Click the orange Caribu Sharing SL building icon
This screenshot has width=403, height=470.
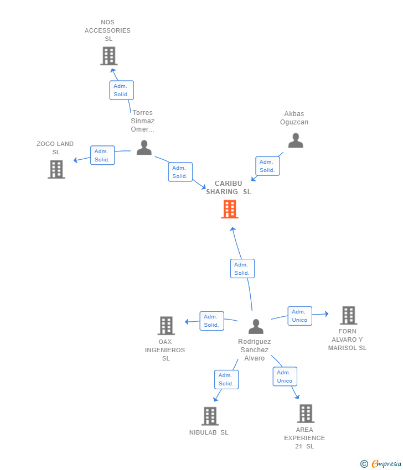coord(230,209)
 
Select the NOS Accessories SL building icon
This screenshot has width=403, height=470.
coord(108,56)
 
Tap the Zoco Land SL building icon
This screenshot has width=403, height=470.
coord(56,169)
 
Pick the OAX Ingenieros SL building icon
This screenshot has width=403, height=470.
coord(166,326)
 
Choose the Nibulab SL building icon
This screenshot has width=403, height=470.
coord(210,416)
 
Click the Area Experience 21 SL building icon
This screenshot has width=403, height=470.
coord(306,413)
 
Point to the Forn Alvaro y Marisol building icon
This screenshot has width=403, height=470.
coord(348,315)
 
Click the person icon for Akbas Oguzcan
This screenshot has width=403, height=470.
coord(296,141)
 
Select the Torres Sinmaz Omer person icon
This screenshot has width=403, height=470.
coord(144,148)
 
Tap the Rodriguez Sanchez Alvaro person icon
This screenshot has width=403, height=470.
coord(256,327)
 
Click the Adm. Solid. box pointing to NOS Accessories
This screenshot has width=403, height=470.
coord(121,90)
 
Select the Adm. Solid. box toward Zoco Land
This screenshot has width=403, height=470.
coord(102,155)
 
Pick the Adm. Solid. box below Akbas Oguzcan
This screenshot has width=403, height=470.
coord(267,166)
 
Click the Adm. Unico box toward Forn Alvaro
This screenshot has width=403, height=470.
coord(299,316)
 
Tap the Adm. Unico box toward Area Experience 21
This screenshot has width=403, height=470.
coord(285,377)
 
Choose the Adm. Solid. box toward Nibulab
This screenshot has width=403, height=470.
coord(226,379)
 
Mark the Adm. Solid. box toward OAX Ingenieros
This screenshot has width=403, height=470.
coord(211,321)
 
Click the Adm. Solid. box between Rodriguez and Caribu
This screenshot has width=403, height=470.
coord(242,269)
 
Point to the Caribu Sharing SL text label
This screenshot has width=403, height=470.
coord(229,187)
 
